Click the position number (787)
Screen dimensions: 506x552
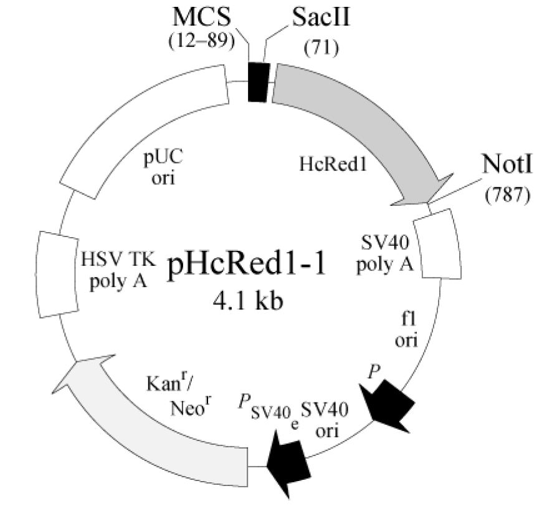(x=507, y=195)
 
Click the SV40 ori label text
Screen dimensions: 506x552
(x=324, y=420)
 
